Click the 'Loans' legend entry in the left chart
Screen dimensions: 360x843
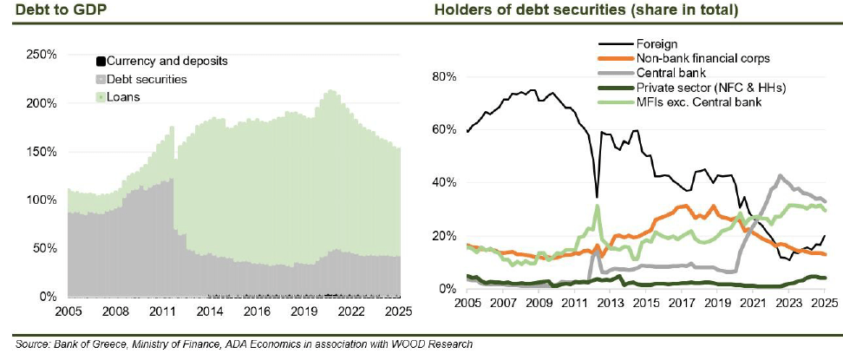click(123, 96)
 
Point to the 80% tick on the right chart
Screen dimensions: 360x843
click(446, 76)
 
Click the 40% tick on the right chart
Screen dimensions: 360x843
click(446, 183)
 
